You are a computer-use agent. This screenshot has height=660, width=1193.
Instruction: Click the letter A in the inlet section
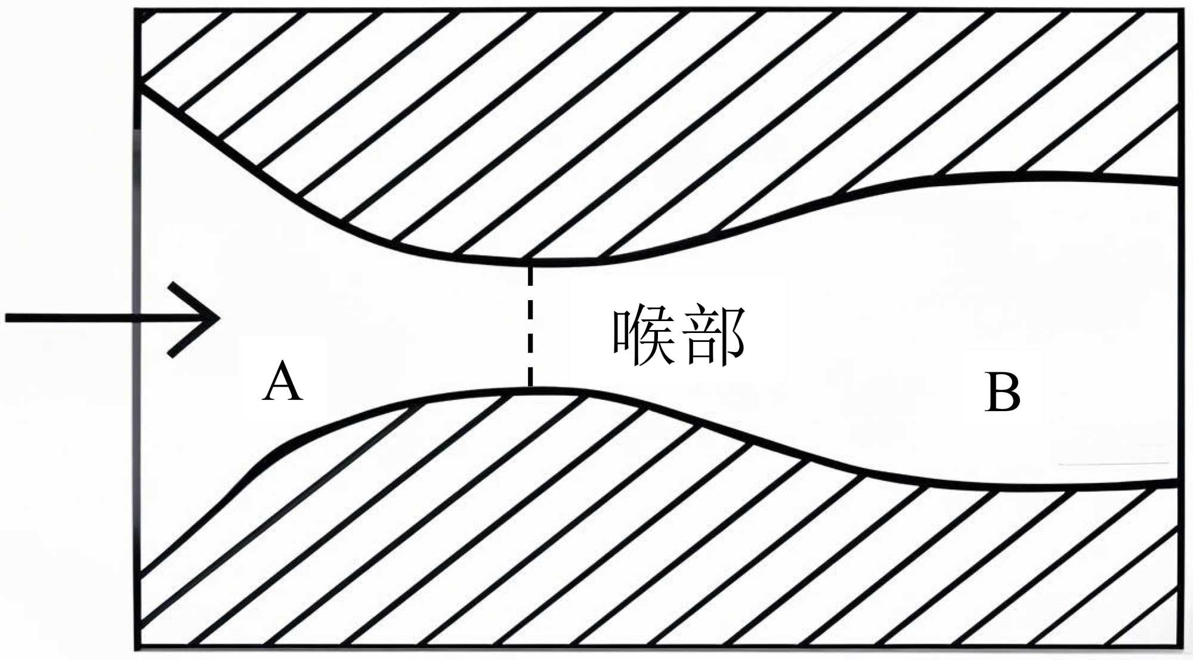283,381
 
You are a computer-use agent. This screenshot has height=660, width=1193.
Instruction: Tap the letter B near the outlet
1002,392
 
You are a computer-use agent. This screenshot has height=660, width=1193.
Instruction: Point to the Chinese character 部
714,335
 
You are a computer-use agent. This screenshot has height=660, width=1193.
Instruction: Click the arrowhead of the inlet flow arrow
216,318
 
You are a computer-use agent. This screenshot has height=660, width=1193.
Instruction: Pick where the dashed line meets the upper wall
530,262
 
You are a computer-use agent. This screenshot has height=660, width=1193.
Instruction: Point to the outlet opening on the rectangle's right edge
1180,332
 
